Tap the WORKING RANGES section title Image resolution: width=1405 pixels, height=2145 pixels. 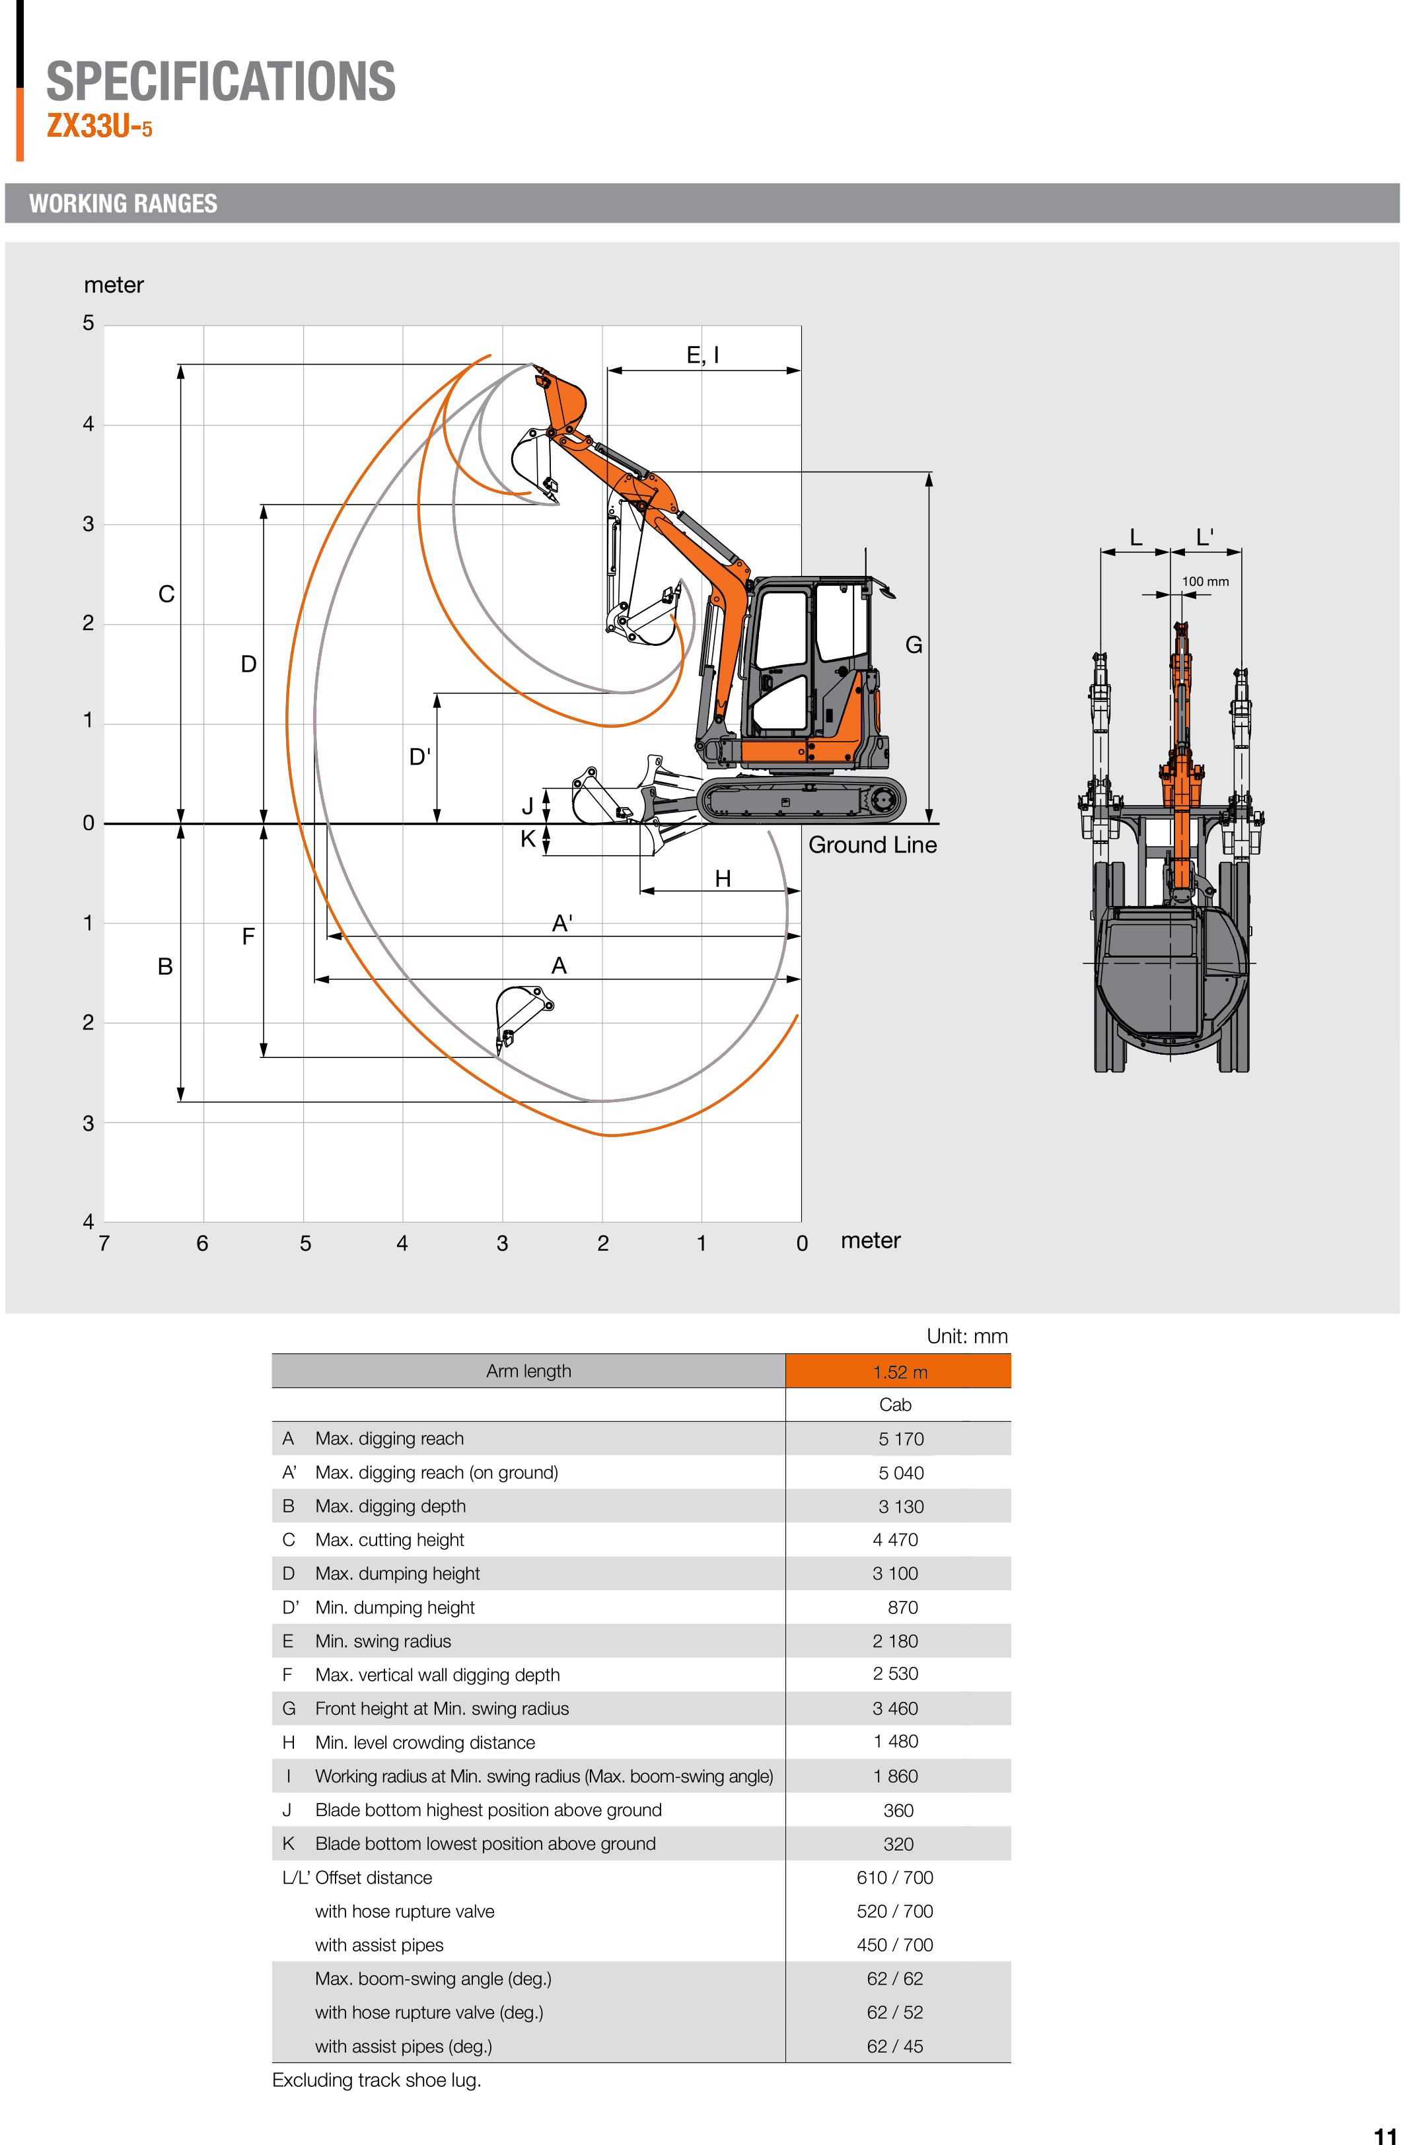[124, 203]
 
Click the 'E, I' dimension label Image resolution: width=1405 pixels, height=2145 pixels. [702, 355]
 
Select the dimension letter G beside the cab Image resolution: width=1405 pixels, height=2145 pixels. [913, 645]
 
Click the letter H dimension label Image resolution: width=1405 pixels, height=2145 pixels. [722, 879]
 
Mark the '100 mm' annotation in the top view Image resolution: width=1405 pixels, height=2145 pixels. [1205, 581]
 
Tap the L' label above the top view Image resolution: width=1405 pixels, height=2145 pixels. [1204, 538]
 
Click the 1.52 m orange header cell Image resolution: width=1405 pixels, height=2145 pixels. [898, 1372]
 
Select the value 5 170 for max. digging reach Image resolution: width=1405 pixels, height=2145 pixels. [900, 1439]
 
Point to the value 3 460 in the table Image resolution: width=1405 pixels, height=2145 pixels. [895, 1708]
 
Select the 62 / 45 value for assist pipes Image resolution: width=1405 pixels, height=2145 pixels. [895, 2047]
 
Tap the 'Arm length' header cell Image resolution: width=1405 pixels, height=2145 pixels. [528, 1372]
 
